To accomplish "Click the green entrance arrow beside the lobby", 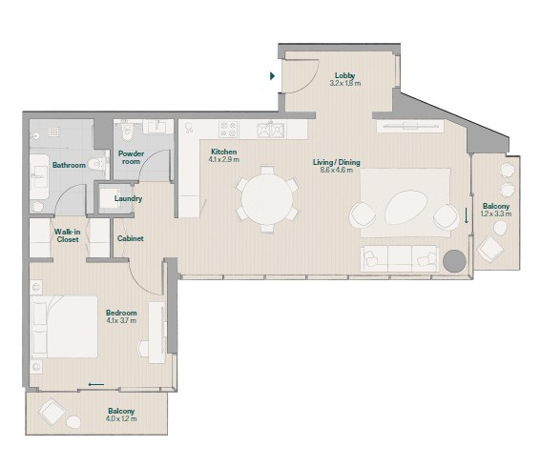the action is [272, 76].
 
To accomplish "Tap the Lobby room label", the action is [345, 75].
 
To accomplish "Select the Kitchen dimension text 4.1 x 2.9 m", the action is [224, 159].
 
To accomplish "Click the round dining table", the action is [267, 199].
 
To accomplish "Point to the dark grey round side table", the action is [454, 261].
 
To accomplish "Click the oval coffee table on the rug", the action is [406, 208].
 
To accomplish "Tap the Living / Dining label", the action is [337, 162].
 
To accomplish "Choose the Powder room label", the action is [131, 157].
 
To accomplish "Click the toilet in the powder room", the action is [127, 132].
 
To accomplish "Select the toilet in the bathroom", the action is [96, 164].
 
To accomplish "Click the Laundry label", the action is [129, 198].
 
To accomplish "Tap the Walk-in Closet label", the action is [68, 235].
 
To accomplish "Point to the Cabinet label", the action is [131, 238].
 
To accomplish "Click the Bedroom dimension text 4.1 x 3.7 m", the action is [121, 320].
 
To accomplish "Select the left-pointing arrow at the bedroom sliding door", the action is [96, 384].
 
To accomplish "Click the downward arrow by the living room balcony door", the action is [467, 215].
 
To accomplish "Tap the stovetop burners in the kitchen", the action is [228, 130].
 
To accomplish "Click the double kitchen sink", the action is [271, 130].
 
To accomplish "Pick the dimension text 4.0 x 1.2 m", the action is [121, 418].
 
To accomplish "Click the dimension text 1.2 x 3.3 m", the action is [496, 213].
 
